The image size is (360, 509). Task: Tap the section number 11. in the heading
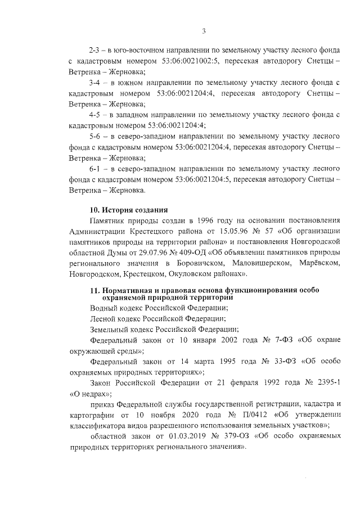pos(95,290)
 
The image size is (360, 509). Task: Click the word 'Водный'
pos(105,308)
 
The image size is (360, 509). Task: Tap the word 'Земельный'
pos(111,329)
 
